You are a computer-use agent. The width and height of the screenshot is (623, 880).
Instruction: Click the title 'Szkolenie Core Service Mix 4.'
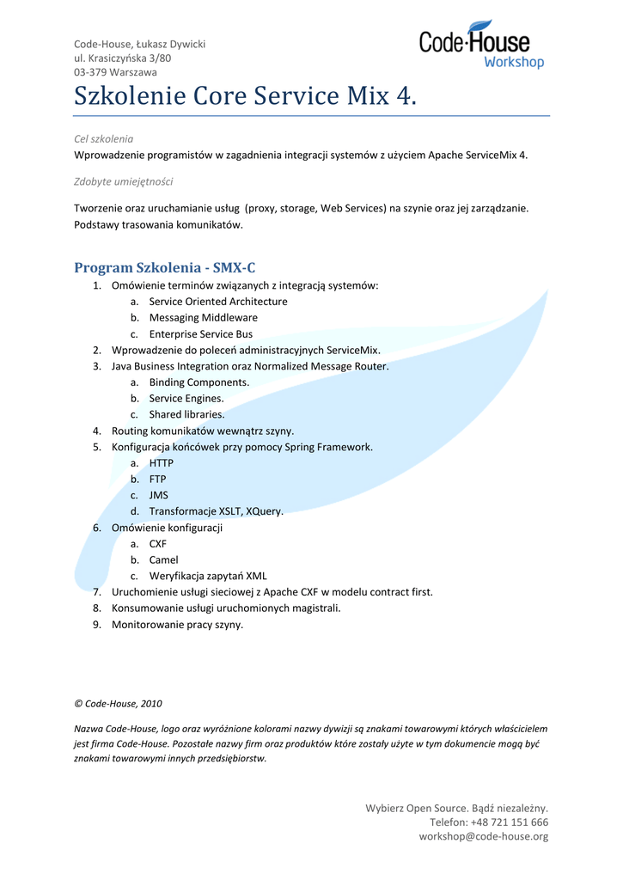coord(245,96)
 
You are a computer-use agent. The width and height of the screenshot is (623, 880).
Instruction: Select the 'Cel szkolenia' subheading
coord(103,137)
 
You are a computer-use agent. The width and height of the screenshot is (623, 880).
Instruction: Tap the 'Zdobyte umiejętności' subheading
coord(123,181)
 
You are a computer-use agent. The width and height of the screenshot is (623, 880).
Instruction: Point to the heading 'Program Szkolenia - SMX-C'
coord(165,267)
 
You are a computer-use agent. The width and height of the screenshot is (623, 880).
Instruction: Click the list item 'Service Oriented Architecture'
coord(218,302)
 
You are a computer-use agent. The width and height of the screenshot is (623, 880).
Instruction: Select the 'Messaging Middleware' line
coord(203,318)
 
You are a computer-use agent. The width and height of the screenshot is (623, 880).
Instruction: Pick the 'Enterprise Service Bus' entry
coord(201,334)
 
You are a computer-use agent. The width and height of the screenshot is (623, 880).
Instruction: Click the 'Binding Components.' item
coord(199,382)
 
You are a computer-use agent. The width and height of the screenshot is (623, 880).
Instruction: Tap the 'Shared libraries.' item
coord(186,414)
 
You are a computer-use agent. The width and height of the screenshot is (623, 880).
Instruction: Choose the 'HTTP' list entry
coord(161,463)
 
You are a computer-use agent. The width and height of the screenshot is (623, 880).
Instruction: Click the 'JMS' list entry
coord(159,495)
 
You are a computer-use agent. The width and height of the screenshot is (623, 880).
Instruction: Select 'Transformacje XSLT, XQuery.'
coord(216,511)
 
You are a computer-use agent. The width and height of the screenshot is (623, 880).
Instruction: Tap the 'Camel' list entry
coord(163,560)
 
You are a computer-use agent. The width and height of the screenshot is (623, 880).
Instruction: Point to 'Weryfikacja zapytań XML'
coord(208,576)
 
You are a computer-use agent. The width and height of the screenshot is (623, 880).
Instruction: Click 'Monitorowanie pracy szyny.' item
coord(177,625)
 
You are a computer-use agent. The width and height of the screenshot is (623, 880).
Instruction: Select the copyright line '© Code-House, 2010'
coord(118,703)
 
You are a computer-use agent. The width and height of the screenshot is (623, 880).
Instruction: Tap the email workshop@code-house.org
coord(483,836)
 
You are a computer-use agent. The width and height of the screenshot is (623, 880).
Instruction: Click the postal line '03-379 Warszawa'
coord(115,72)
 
